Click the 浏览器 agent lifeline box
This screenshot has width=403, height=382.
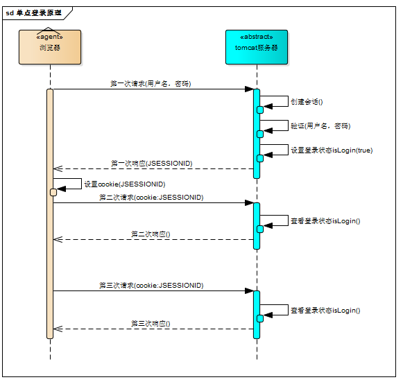(x=50, y=47)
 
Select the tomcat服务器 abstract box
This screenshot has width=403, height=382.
(x=257, y=47)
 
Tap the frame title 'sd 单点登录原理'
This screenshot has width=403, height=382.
(x=34, y=13)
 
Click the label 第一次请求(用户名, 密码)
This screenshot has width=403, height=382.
(x=151, y=83)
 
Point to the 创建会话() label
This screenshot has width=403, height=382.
(x=307, y=102)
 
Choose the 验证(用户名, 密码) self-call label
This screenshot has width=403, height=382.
(x=320, y=126)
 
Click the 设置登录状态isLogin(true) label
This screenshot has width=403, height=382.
(x=332, y=150)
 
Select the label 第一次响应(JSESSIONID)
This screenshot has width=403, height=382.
(x=152, y=164)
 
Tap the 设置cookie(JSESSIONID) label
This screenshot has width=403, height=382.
(x=125, y=184)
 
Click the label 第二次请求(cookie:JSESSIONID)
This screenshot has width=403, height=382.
(x=151, y=198)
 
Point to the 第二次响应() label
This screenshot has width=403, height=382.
(x=151, y=234)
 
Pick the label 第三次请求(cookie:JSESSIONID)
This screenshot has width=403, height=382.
(x=151, y=286)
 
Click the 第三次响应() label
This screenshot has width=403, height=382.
(x=151, y=324)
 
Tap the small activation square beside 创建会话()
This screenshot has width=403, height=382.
(x=260, y=110)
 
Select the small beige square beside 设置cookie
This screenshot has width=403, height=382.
(x=53, y=193)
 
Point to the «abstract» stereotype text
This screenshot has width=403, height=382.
(x=257, y=37)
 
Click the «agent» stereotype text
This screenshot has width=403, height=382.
(x=50, y=37)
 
